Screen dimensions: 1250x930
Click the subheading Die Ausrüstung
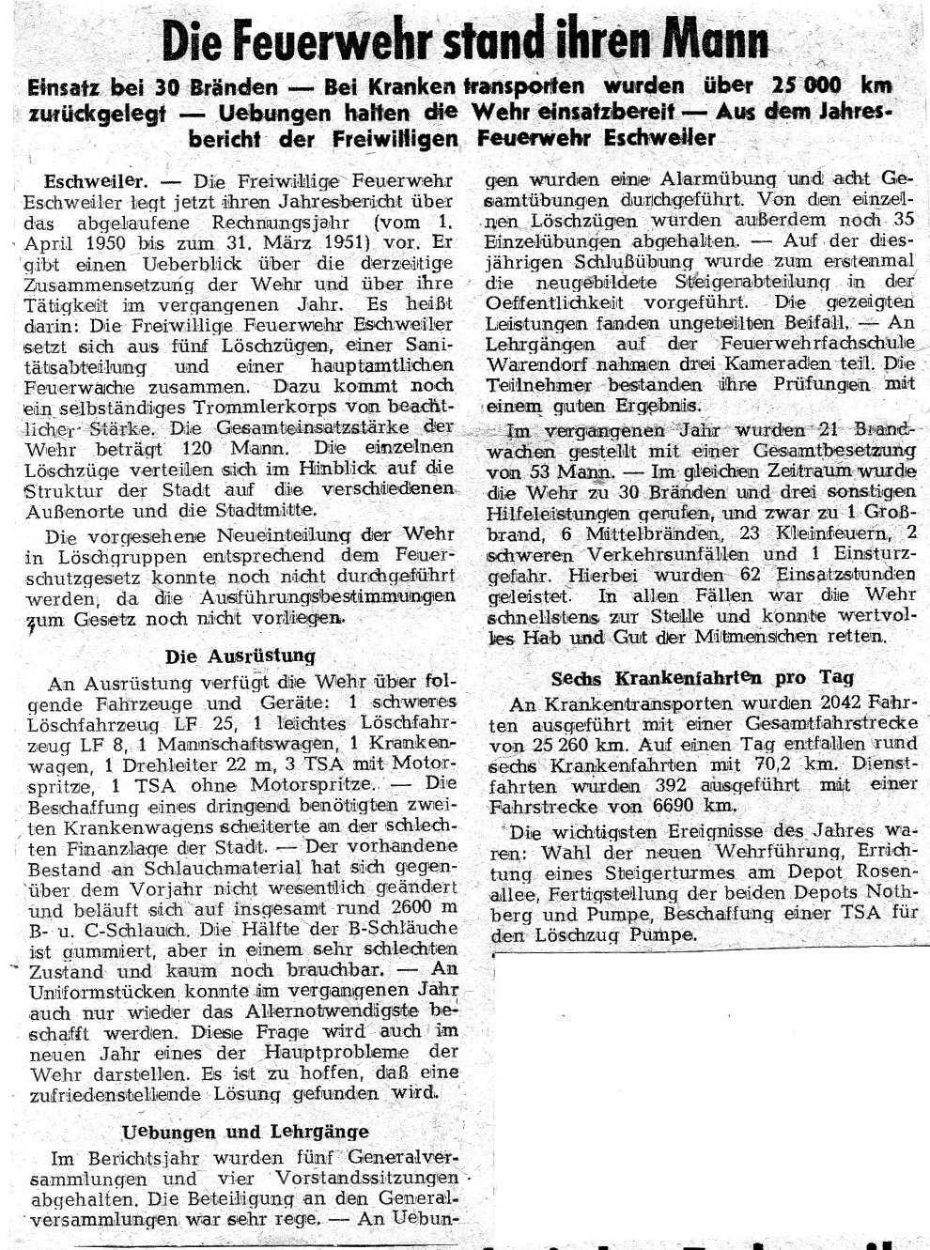point(240,655)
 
